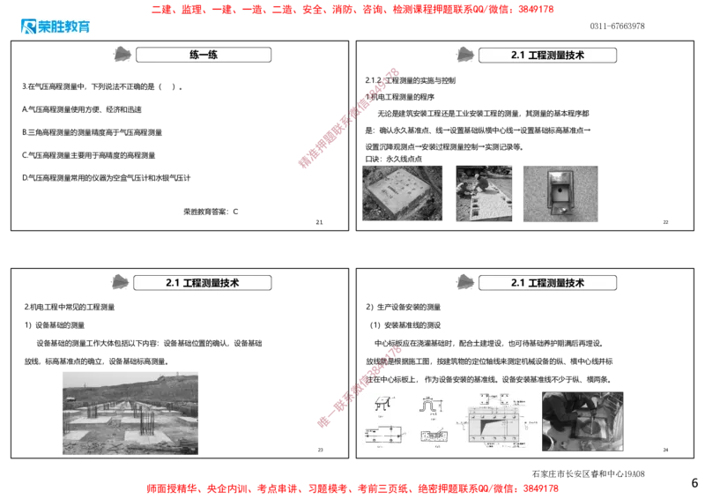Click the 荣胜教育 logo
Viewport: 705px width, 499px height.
(x=54, y=26)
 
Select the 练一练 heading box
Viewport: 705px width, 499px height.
(x=204, y=55)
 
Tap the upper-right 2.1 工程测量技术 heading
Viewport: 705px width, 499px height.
(x=547, y=55)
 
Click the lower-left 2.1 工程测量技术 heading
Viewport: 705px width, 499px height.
(x=203, y=283)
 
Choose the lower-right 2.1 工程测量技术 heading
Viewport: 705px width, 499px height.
(x=547, y=283)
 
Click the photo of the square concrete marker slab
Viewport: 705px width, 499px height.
(x=400, y=193)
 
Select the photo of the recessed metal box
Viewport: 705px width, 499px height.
(x=560, y=193)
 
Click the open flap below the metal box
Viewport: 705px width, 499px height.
(x=560, y=210)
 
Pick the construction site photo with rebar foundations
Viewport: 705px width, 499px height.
(x=130, y=411)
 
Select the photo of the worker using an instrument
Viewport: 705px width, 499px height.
(x=583, y=420)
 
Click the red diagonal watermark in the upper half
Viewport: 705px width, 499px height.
(x=349, y=115)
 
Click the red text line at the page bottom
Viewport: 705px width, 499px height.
(x=352, y=487)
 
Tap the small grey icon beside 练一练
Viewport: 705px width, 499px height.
(x=123, y=55)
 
